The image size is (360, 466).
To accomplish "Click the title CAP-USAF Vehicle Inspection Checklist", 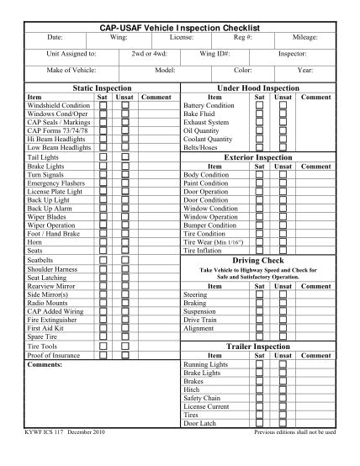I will (x=180, y=28).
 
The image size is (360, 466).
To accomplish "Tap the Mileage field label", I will (x=304, y=38).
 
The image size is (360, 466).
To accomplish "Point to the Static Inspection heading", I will (x=97, y=87).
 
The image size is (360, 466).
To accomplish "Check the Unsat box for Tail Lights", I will (x=124, y=157).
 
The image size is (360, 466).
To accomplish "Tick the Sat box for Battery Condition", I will (x=260, y=105).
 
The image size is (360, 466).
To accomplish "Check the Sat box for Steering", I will (x=260, y=295).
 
